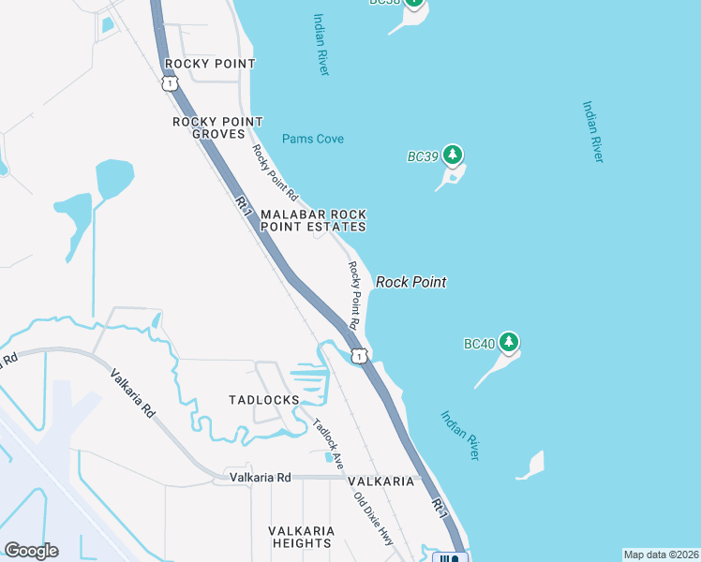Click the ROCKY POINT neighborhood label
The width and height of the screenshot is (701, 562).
[209, 64]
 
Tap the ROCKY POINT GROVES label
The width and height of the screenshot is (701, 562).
[218, 127]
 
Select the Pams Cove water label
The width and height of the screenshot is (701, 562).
[313, 139]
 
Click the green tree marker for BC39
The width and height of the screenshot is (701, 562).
[454, 155]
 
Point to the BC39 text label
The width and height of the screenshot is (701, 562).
[423, 157]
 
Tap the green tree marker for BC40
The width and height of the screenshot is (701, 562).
[509, 343]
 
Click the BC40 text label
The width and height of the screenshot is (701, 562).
[478, 345]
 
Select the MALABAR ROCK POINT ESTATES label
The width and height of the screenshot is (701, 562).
[312, 220]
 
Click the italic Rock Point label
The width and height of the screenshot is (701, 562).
[410, 282]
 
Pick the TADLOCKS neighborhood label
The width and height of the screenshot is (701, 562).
[264, 400]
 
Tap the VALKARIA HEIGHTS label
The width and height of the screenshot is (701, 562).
[301, 536]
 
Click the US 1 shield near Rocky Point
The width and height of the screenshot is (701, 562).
[169, 83]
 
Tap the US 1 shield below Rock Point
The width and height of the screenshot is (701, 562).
[359, 355]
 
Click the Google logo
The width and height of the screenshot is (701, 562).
[31, 551]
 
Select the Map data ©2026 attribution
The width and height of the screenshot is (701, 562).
[661, 555]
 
